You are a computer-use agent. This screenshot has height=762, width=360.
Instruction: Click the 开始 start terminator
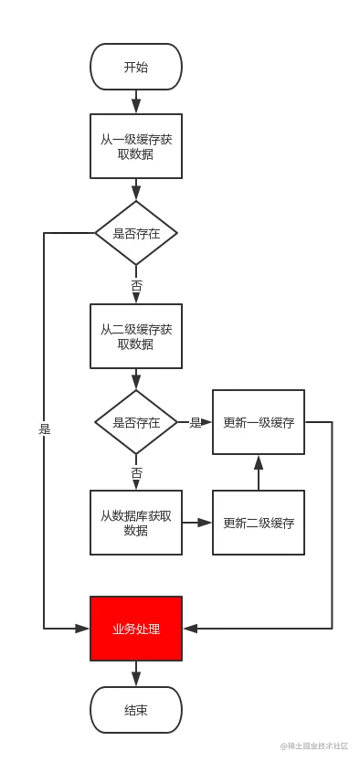[135, 67]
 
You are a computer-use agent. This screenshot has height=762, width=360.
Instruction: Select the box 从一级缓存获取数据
[135, 146]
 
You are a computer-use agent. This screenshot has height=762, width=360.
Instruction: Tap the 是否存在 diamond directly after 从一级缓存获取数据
[135, 234]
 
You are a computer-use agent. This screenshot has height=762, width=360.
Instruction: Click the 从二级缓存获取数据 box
[135, 335]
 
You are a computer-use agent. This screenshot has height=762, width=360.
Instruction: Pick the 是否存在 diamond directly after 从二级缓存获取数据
[135, 423]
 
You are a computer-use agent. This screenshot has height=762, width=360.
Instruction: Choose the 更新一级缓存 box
[258, 423]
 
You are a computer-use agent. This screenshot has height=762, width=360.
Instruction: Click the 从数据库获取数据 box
[135, 523]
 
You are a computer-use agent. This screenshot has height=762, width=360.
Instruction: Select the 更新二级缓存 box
[258, 523]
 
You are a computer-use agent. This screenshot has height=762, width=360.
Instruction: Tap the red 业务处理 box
[135, 629]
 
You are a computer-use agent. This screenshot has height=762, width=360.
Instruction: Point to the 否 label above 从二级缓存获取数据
[136, 285]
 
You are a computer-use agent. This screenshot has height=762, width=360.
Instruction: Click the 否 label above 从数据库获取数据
[136, 474]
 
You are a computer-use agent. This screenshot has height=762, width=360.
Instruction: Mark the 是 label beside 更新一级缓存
[194, 423]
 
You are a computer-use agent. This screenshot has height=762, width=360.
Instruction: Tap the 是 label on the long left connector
[44, 427]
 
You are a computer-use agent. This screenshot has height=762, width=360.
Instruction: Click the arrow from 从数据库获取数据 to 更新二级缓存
[196, 524]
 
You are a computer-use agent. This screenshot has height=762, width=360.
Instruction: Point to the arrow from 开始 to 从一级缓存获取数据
[135, 101]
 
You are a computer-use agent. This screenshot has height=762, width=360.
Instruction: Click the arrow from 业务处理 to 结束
[135, 673]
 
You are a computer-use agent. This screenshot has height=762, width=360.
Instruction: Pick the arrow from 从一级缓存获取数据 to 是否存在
[135, 190]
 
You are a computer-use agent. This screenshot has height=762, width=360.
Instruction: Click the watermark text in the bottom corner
[316, 746]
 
